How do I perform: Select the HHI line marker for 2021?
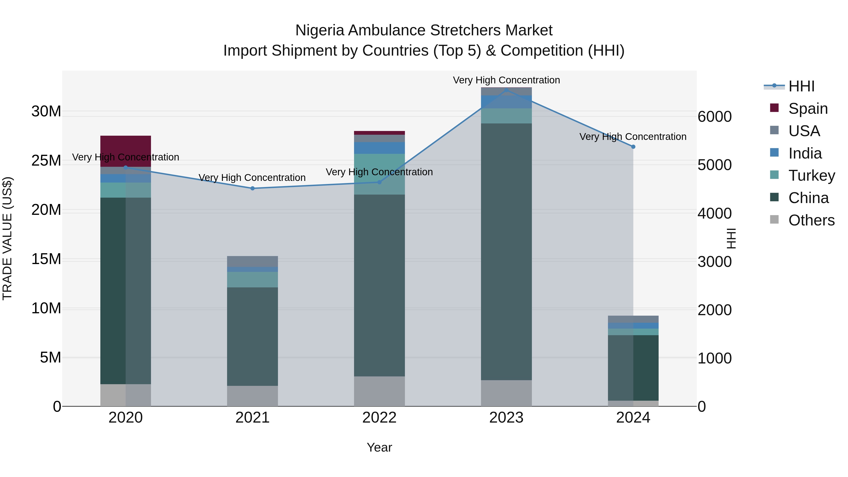[x=253, y=188]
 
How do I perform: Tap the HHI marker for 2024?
[x=633, y=147]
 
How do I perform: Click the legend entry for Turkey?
[x=811, y=175]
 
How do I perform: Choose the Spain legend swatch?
[x=774, y=108]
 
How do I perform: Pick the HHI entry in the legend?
[x=801, y=86]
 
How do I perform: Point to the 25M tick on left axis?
[x=46, y=161]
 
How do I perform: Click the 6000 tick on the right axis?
[x=714, y=117]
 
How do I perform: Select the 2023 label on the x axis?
[x=506, y=418]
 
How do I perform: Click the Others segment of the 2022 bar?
[x=379, y=391]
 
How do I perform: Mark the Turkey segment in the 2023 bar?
[x=506, y=116]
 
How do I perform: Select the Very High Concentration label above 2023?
[x=506, y=80]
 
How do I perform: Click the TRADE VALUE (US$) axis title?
[x=7, y=238]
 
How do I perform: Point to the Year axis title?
[x=379, y=447]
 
